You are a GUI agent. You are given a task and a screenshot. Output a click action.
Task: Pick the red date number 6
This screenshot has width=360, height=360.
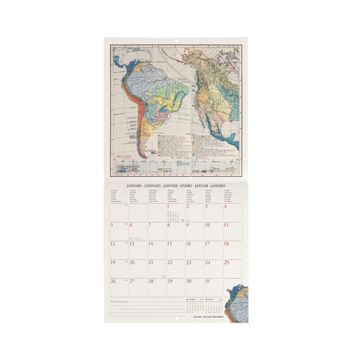[131, 225]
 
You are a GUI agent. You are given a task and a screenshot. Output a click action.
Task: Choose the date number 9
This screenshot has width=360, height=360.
[187, 225]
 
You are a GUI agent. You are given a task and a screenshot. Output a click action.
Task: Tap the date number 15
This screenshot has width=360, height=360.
[169, 244]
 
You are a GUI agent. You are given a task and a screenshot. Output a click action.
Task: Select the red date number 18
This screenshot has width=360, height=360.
[226, 244]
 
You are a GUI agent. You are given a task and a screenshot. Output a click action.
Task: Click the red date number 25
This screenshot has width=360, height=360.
[226, 262]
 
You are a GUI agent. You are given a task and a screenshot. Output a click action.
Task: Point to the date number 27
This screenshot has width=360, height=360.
[131, 281]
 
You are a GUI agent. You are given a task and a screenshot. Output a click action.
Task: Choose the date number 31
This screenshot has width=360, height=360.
[207, 281]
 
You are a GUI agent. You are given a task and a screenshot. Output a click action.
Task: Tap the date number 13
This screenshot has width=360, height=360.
[131, 244]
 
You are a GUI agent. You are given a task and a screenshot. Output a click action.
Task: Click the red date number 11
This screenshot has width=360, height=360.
[226, 225]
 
